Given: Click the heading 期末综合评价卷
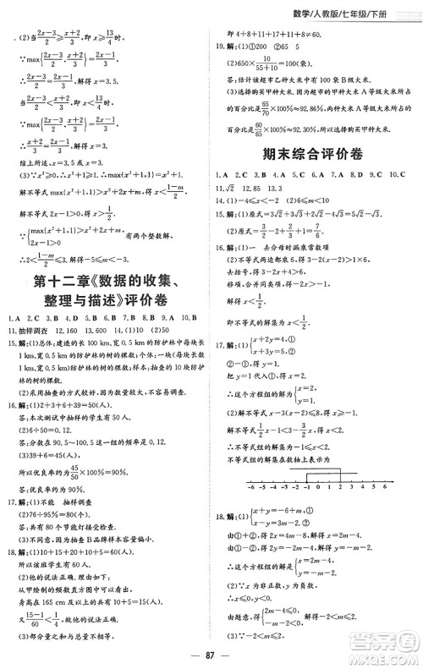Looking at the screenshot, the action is (x=312, y=156).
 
